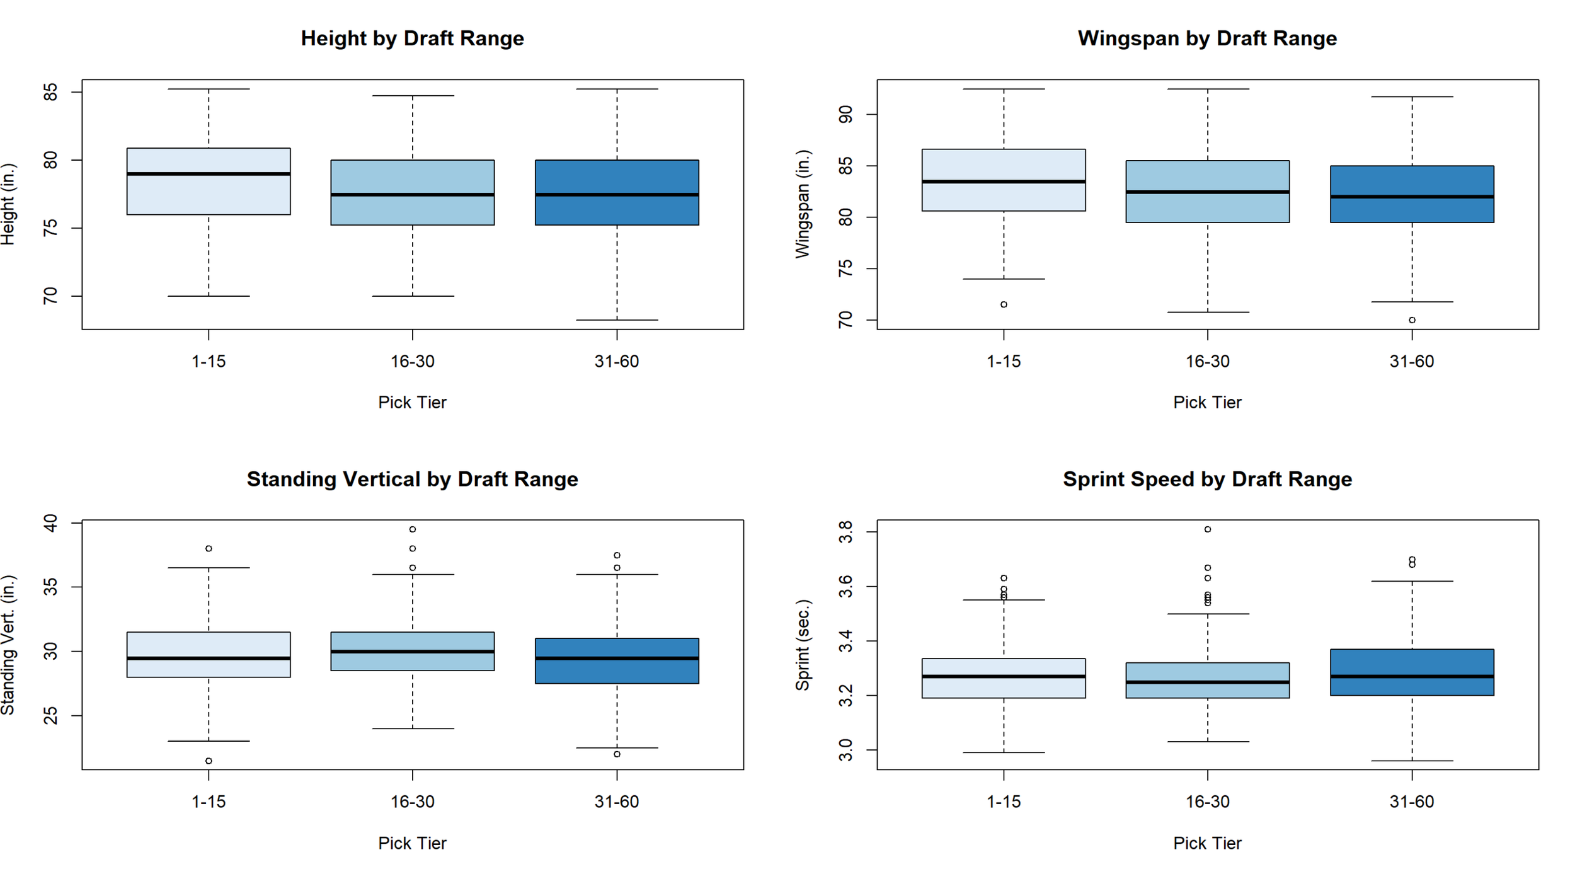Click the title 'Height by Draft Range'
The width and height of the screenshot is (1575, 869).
[412, 38]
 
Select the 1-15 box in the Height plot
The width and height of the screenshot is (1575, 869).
[209, 181]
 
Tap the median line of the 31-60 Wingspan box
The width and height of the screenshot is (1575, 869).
[1412, 197]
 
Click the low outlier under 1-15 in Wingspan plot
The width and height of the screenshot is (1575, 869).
[1004, 304]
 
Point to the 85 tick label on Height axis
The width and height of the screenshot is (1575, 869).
[50, 92]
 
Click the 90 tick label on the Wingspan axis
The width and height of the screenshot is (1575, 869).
[845, 114]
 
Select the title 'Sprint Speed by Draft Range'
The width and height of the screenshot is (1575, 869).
[1207, 479]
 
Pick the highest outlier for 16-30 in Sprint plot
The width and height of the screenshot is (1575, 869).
[1208, 529]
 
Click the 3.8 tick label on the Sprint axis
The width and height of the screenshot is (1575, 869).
[845, 532]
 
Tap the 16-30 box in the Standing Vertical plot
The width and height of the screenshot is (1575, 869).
[413, 651]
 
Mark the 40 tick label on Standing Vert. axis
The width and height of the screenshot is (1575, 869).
[50, 523]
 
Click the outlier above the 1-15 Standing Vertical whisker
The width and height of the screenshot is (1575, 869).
[209, 548]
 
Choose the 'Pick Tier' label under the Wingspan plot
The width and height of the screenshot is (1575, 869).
[1207, 402]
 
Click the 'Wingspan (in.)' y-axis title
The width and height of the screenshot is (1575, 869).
[802, 204]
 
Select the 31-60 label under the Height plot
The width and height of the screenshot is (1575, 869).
[617, 361]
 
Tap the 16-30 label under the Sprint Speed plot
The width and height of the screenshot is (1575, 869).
[1208, 802]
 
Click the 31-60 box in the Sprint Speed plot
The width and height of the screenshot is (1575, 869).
[1412, 672]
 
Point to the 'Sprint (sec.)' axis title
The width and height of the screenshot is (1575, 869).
[802, 645]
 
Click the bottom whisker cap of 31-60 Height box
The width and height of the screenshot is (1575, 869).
[617, 320]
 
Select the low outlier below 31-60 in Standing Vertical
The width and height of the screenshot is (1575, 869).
[617, 754]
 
